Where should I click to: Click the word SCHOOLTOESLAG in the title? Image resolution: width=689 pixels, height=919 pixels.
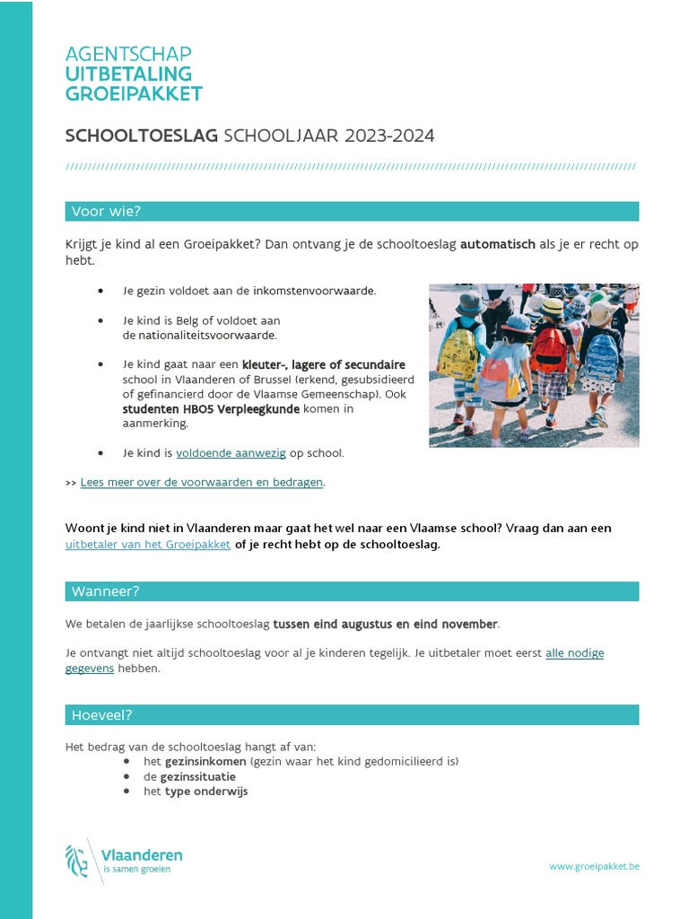tap(142, 136)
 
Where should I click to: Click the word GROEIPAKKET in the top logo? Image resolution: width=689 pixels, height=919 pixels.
tap(134, 94)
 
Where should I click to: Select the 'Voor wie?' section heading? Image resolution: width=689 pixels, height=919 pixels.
tap(106, 212)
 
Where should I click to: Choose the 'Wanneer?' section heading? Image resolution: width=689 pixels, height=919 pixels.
tap(105, 591)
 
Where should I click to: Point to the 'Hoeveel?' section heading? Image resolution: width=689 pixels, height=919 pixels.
tap(101, 715)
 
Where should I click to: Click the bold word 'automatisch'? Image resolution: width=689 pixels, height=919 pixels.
tap(497, 244)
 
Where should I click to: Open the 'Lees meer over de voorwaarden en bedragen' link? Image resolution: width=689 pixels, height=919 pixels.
tap(201, 482)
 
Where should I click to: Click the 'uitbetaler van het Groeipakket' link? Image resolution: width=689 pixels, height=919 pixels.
tap(148, 544)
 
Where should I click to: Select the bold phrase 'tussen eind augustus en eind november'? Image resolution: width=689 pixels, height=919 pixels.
tap(385, 624)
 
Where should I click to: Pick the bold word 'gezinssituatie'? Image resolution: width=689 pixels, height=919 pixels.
tap(198, 776)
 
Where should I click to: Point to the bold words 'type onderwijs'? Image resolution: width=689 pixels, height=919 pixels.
tap(206, 792)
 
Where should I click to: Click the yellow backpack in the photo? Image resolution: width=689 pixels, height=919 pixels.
tap(457, 352)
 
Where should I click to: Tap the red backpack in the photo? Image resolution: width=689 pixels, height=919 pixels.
tap(548, 349)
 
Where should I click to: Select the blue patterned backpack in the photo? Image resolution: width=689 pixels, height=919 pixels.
tap(601, 355)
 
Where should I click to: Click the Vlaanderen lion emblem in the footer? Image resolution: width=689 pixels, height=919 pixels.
tap(77, 861)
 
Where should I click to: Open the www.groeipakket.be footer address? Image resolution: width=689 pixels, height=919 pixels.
tap(594, 866)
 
